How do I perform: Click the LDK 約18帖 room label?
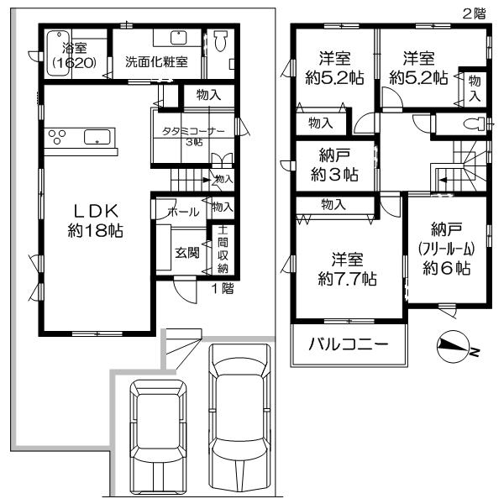coord(95,220)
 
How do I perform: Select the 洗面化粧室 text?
coord(156,61)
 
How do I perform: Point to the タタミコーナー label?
coord(195,136)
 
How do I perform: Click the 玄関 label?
coord(187,252)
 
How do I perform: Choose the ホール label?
coord(183,213)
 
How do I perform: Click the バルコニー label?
coord(347,345)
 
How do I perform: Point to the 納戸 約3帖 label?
coord(334,165)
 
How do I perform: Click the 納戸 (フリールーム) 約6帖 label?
coord(446,249)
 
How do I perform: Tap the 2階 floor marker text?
coord(474,13)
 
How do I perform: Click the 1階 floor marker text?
coord(222,287)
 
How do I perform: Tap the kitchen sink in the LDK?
coord(97,137)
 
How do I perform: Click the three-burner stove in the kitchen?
coord(59,137)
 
